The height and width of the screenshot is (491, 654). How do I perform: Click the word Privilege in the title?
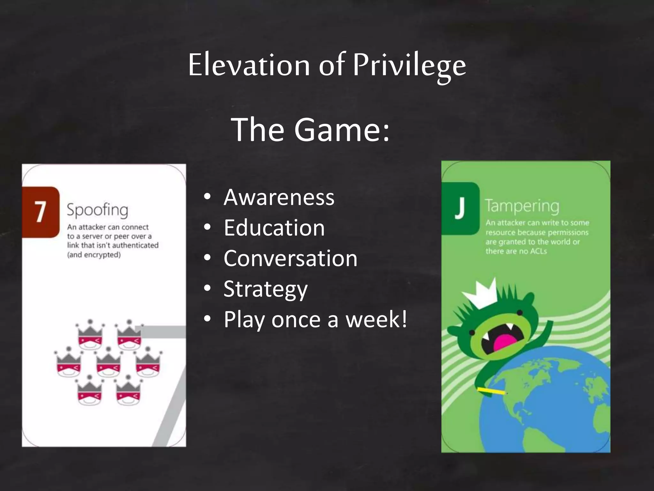coord(409,66)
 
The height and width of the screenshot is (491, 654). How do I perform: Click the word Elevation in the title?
coord(249,66)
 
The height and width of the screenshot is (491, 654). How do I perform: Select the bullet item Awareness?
coord(279,197)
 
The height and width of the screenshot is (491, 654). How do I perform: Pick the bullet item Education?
coord(274,228)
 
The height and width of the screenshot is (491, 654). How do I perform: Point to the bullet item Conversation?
coord(290,258)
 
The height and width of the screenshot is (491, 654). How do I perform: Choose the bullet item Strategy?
coord(265,289)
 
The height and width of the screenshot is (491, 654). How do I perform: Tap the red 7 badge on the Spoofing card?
coord(40,212)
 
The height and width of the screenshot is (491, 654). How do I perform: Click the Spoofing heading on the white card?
coord(97,210)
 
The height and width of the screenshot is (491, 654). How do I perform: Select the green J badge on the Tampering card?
coord(460,208)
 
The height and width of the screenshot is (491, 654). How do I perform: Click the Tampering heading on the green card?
coord(522,206)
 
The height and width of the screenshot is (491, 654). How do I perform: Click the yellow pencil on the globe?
coord(491,391)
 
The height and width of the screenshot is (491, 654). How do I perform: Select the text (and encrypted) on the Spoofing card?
coord(94,255)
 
